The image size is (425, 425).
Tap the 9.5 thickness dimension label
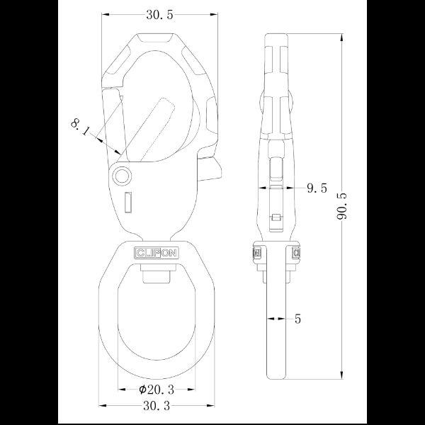point(316,188)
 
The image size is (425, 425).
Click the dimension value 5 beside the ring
point(297,319)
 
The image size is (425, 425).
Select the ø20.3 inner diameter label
point(157,390)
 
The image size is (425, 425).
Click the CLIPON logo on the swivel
point(157,252)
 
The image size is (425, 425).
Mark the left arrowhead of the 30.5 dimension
point(103,14)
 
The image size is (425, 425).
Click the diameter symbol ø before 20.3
point(142,390)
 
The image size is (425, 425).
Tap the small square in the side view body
point(278,217)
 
